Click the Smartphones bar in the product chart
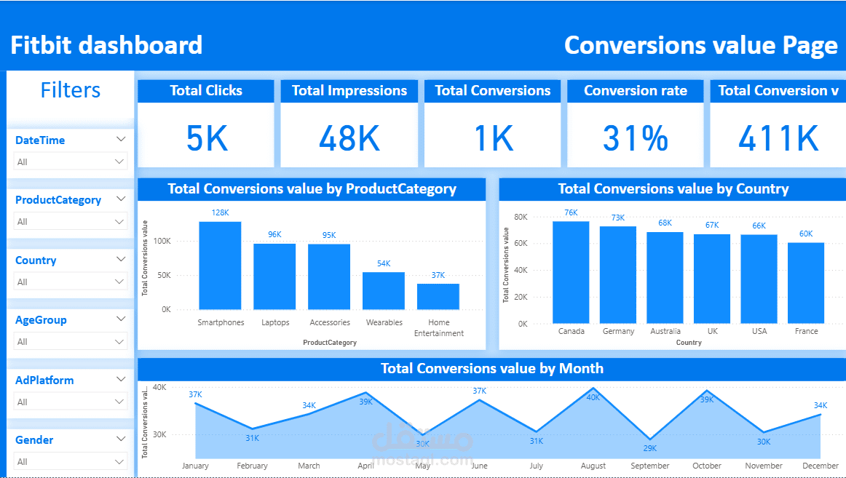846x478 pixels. pos(220,266)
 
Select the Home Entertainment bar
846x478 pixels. pos(438,297)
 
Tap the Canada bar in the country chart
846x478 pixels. pos(571,272)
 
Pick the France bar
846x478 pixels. pos(806,283)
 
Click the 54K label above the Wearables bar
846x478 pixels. pos(384,263)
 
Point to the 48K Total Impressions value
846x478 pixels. pos(349,138)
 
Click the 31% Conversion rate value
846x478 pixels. pos(635,138)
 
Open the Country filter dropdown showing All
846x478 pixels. pos(70,282)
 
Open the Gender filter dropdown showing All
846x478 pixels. pos(70,462)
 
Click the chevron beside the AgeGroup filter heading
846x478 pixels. pos(121,319)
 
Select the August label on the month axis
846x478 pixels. pos(593,466)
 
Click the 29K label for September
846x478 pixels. pos(649,448)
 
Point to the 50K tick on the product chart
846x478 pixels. pos(163,275)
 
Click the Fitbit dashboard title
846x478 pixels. pos(106,45)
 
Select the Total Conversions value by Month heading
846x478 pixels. pos(492,369)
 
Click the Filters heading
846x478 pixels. pos(71,90)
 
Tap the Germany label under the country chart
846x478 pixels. pos(618,332)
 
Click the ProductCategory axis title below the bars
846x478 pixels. pos(330,343)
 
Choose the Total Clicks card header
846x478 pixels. pos(206,90)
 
